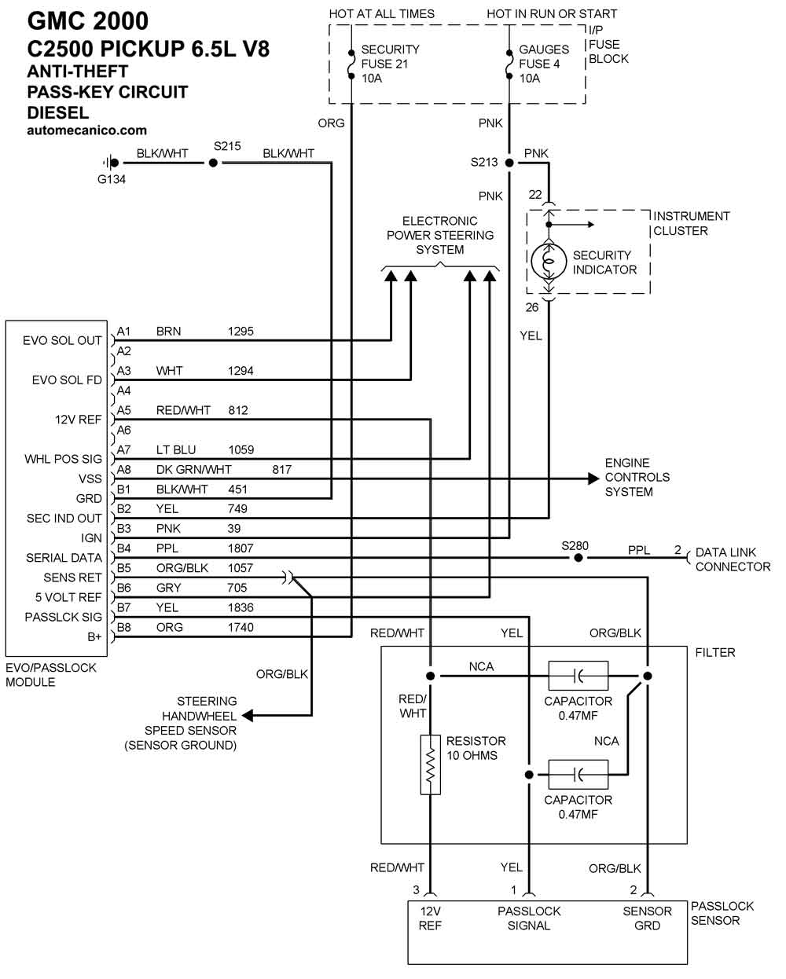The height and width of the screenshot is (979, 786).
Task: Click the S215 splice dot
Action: (212, 163)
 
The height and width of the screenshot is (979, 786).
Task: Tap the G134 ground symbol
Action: (111, 163)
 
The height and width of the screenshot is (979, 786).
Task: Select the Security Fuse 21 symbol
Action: (351, 64)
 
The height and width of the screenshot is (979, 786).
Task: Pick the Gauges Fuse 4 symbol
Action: (509, 64)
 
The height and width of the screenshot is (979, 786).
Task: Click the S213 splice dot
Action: (509, 163)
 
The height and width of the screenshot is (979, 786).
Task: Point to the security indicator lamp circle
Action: (549, 261)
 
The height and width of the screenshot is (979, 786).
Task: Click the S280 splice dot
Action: (578, 558)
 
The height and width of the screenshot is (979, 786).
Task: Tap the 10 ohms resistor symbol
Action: (430, 764)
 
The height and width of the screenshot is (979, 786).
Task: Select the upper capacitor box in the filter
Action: (578, 676)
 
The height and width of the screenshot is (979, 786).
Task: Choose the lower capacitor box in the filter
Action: (578, 774)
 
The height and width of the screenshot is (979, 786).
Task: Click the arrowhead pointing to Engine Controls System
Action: (593, 478)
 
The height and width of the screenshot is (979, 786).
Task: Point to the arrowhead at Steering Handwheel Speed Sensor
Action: (248, 716)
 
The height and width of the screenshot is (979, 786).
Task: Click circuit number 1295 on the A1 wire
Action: (241, 332)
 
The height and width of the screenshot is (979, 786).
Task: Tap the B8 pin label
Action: (123, 627)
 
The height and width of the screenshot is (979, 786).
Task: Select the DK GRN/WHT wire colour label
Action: (193, 470)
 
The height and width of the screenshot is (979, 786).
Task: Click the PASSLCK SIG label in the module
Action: (63, 617)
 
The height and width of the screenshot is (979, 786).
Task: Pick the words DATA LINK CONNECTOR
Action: (733, 559)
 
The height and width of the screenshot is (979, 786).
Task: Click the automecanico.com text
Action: (87, 130)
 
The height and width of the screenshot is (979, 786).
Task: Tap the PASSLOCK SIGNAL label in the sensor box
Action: (529, 918)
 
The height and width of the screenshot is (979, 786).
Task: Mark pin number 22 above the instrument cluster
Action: (534, 195)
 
